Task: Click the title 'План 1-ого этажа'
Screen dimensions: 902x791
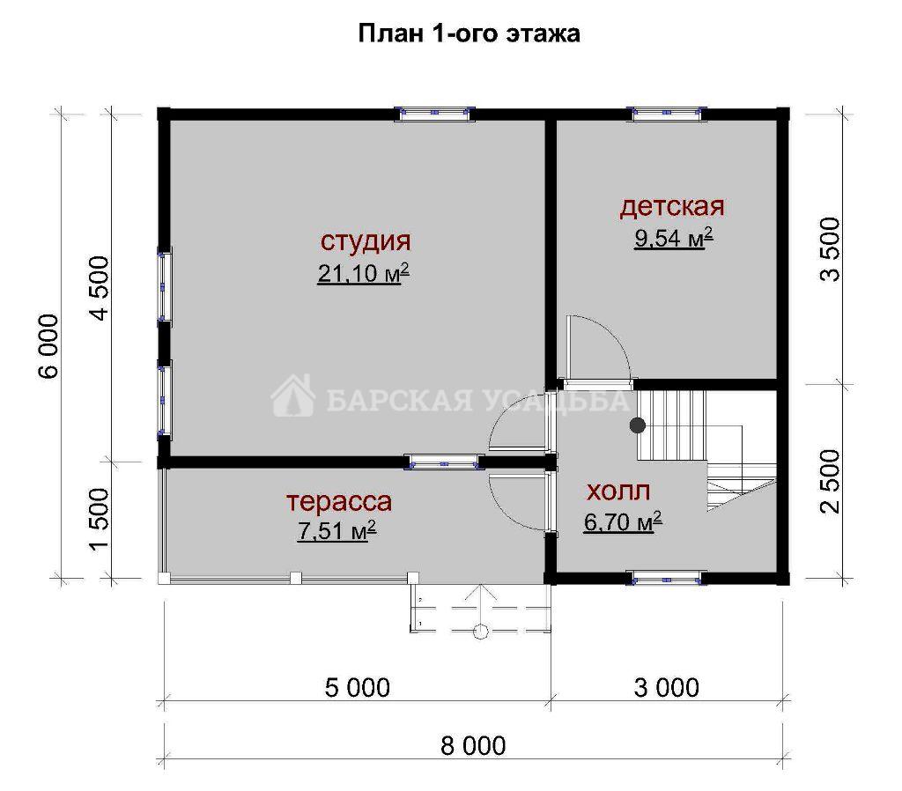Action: coord(469,33)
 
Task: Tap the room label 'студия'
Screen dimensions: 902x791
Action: coord(366,241)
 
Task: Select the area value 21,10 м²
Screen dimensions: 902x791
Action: coord(363,273)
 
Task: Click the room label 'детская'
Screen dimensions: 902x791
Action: coord(672,206)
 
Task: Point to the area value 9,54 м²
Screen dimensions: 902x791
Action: coord(674,237)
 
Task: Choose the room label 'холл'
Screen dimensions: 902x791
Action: coord(618,492)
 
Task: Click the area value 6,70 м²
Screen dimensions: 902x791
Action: coord(623,521)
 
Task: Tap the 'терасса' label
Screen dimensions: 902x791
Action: coord(339,501)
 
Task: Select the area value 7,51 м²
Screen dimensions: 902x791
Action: coord(337,530)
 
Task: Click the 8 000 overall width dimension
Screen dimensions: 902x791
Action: coord(473,746)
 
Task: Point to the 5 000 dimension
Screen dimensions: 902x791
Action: coord(358,687)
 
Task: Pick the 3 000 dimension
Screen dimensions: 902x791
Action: coord(667,687)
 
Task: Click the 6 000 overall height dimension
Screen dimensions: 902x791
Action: coord(49,346)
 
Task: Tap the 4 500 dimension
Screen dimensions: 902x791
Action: coord(100,288)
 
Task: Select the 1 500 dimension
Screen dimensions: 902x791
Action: coord(100,520)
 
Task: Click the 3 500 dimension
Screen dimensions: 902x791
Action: coord(830,249)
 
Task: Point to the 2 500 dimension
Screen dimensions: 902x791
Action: coord(830,481)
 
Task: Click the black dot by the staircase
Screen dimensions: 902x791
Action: coord(637,425)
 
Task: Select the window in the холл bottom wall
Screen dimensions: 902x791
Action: coord(667,578)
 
